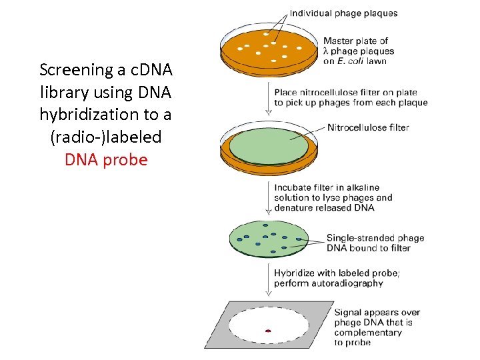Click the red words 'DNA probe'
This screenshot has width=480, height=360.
[x=106, y=160]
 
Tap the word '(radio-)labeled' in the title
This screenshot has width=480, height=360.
[x=106, y=137]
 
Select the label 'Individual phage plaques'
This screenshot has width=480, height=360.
[x=343, y=13]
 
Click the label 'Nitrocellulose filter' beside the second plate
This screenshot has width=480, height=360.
[x=368, y=127]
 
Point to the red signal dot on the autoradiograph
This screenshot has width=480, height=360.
[x=268, y=330]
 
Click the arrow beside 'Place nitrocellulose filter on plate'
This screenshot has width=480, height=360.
[x=269, y=97]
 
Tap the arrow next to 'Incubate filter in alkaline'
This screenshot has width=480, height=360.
[x=269, y=197]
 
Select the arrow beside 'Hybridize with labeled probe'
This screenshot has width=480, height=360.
[x=269, y=278]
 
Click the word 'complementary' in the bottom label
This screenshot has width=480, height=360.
[x=368, y=332]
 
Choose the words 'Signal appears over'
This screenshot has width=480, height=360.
[x=376, y=312]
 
